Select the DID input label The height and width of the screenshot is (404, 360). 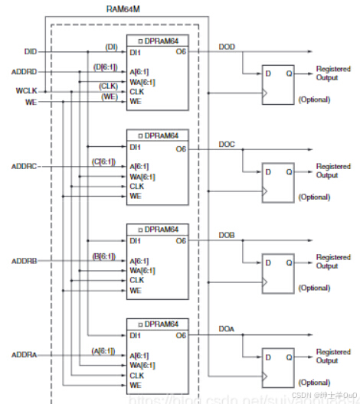click(30, 51)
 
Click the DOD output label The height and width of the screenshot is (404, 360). click(227, 47)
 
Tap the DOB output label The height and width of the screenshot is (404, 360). click(227, 236)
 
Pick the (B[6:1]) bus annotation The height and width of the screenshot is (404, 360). click(104, 256)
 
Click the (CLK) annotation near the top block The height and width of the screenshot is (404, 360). click(107, 86)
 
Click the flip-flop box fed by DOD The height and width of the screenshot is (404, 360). click(277, 83)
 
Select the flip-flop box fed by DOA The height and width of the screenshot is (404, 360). click(277, 367)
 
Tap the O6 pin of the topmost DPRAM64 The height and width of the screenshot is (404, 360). click(180, 52)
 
